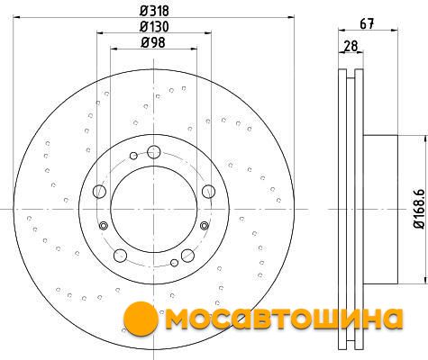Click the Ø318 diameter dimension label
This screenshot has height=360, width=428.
154,11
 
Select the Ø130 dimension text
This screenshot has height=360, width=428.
154,27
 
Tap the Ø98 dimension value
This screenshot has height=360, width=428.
153,43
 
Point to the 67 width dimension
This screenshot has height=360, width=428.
367,24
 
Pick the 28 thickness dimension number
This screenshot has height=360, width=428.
351,46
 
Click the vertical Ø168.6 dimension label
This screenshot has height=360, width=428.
419,209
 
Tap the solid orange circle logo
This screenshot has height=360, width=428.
141,319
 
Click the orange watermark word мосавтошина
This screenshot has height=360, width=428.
284,319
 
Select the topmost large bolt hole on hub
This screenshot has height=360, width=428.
154,152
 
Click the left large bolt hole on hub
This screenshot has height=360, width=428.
99,192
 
